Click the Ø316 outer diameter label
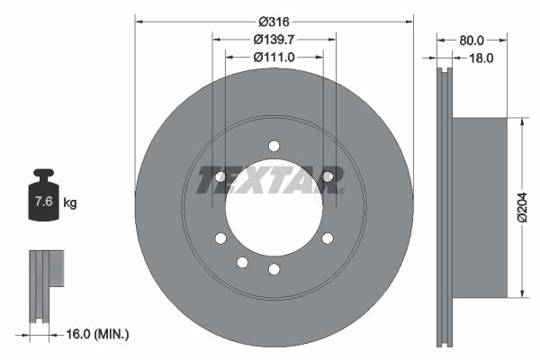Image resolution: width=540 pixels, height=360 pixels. click(x=274, y=21)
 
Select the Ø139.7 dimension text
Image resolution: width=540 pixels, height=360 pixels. click(x=274, y=39)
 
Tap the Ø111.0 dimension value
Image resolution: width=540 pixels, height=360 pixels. click(x=274, y=57)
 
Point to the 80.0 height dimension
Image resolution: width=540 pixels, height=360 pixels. click(x=471, y=40)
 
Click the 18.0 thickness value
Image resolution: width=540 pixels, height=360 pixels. click(x=482, y=58)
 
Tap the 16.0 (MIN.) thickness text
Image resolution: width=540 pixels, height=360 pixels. click(x=98, y=334)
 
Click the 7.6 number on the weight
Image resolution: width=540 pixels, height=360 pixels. click(x=41, y=202)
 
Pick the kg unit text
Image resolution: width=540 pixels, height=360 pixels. click(x=70, y=203)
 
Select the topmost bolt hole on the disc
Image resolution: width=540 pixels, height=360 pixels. click(x=274, y=146)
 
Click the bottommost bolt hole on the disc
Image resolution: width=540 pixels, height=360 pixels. click(x=274, y=269)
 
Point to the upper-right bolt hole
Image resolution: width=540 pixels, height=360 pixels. click(x=328, y=176)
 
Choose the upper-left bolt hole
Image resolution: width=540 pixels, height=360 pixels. click(x=220, y=176)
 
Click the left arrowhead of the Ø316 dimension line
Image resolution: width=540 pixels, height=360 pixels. click(x=139, y=21)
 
